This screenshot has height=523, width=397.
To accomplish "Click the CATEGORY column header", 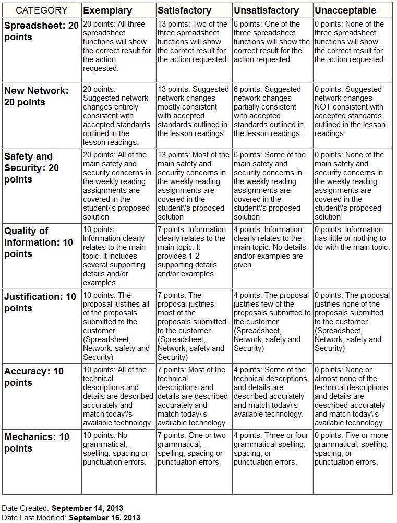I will coord(42,10).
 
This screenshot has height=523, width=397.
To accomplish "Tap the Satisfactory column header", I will coord(185,10).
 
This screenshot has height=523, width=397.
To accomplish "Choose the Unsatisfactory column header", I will coord(266,10).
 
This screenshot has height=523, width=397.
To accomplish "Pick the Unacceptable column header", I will coord(345,10).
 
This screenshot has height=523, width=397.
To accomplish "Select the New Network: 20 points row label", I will coord(37,96).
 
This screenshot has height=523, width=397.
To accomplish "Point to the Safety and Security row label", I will coord(31,167).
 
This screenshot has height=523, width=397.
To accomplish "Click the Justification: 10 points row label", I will coord(40,302).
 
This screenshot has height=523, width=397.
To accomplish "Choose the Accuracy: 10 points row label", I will coord(34,377).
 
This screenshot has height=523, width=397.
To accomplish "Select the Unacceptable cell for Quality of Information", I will coord(352,238).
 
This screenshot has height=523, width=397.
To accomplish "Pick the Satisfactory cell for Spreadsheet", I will coord(193,42).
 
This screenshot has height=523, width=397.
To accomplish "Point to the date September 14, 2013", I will coord(87,508).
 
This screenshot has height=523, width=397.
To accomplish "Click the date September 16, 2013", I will coord(104,518).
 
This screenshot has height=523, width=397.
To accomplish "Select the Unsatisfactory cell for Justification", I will coord(272,322).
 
